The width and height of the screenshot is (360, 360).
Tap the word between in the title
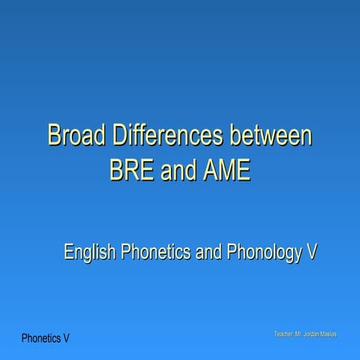pyautogui.click(x=270, y=136)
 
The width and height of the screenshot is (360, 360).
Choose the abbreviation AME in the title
pyautogui.click(x=226, y=170)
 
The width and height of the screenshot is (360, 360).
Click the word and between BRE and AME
pyautogui.click(x=178, y=170)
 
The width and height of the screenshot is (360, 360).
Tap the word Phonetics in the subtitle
pyautogui.click(x=154, y=252)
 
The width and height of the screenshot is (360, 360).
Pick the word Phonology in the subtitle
pyautogui.click(x=263, y=252)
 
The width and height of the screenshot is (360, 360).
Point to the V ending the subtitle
pyautogui.click(x=310, y=252)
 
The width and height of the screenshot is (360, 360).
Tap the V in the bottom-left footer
pyautogui.click(x=67, y=338)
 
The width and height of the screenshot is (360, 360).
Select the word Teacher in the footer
pyautogui.click(x=285, y=332)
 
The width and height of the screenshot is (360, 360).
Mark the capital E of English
pyautogui.click(x=69, y=252)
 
